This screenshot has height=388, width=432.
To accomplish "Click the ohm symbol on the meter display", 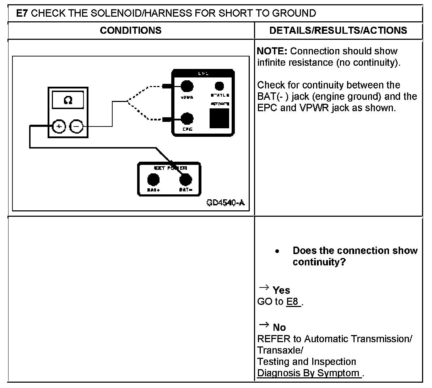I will (68, 101).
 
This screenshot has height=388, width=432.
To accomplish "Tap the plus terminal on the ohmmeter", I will (59, 126).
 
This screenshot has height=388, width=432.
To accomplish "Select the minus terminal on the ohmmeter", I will (76, 126).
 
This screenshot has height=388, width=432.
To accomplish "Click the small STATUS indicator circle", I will (220, 86).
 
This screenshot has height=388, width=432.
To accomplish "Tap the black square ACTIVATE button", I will (219, 118).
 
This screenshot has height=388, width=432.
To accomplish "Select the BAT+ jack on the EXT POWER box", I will (153, 180).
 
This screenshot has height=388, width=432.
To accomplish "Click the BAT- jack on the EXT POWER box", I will (185, 180).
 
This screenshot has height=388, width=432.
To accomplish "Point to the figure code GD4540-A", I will (226, 203).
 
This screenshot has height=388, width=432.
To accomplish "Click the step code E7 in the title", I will (23, 14).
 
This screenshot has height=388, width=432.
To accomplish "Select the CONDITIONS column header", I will (130, 31).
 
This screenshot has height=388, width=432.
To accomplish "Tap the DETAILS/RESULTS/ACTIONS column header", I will (338, 31).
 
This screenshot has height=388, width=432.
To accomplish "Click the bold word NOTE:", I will (272, 51).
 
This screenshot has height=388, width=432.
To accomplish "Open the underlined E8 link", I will (293, 302).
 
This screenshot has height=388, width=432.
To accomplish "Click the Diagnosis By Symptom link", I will (309, 373).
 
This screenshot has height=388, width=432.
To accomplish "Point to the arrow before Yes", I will (263, 287).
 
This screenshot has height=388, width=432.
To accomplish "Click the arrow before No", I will (263, 324).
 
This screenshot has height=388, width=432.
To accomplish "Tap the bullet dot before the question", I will (277, 252).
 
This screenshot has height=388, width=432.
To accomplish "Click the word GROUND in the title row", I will (294, 14).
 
